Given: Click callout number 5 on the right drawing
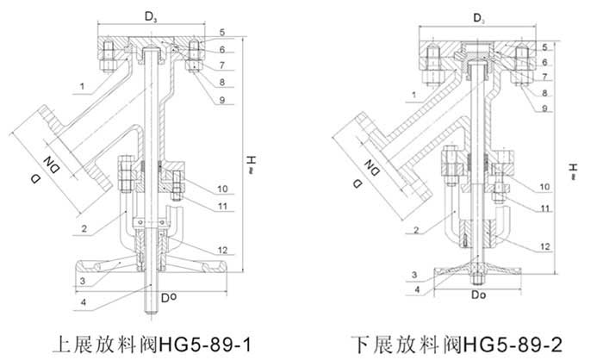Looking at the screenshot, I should [544, 47].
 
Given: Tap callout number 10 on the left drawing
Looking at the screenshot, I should [221, 189].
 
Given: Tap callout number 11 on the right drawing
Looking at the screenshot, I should [544, 208].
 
